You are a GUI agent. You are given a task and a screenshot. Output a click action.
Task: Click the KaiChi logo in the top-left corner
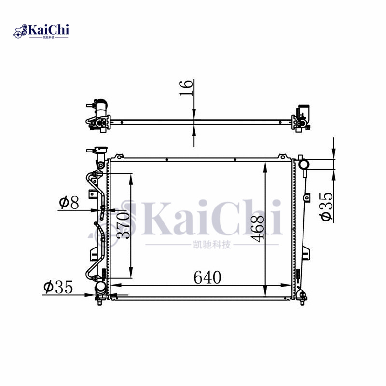(x=41, y=31)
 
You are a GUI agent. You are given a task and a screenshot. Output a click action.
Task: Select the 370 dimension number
(x=124, y=225)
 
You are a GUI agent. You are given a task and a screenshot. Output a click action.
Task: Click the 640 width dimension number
(x=207, y=277)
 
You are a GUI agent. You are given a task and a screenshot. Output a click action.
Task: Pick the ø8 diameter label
(x=69, y=203)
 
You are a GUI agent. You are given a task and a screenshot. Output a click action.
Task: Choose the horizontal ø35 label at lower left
(x=57, y=288)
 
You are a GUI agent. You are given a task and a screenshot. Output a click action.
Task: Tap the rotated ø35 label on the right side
(x=327, y=207)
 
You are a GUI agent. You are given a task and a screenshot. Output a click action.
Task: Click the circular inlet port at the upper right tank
(x=304, y=165)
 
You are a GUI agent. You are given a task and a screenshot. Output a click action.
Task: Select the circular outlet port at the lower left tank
(x=101, y=287)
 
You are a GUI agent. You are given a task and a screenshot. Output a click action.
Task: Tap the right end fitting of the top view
(x=302, y=117)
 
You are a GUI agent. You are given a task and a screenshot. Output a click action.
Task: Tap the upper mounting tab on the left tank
(x=91, y=193)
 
